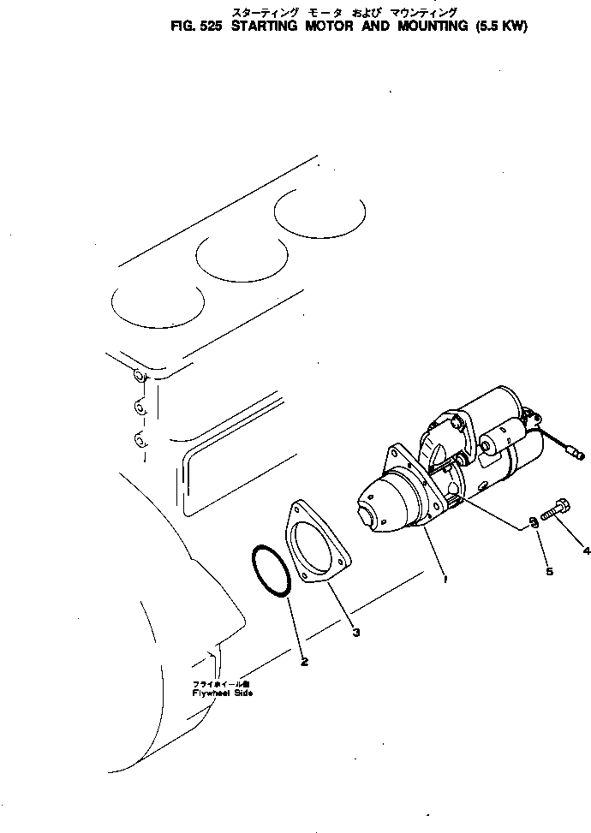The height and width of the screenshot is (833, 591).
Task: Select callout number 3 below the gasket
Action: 355,633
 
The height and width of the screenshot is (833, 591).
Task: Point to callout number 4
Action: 586,550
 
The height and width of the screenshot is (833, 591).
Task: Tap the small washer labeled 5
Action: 532,520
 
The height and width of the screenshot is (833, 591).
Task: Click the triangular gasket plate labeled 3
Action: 318,549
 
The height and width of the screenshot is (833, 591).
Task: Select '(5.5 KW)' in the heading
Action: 497,27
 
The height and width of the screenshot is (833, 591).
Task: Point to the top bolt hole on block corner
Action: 139,375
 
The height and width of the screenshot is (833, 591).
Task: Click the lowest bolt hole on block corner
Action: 139,440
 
